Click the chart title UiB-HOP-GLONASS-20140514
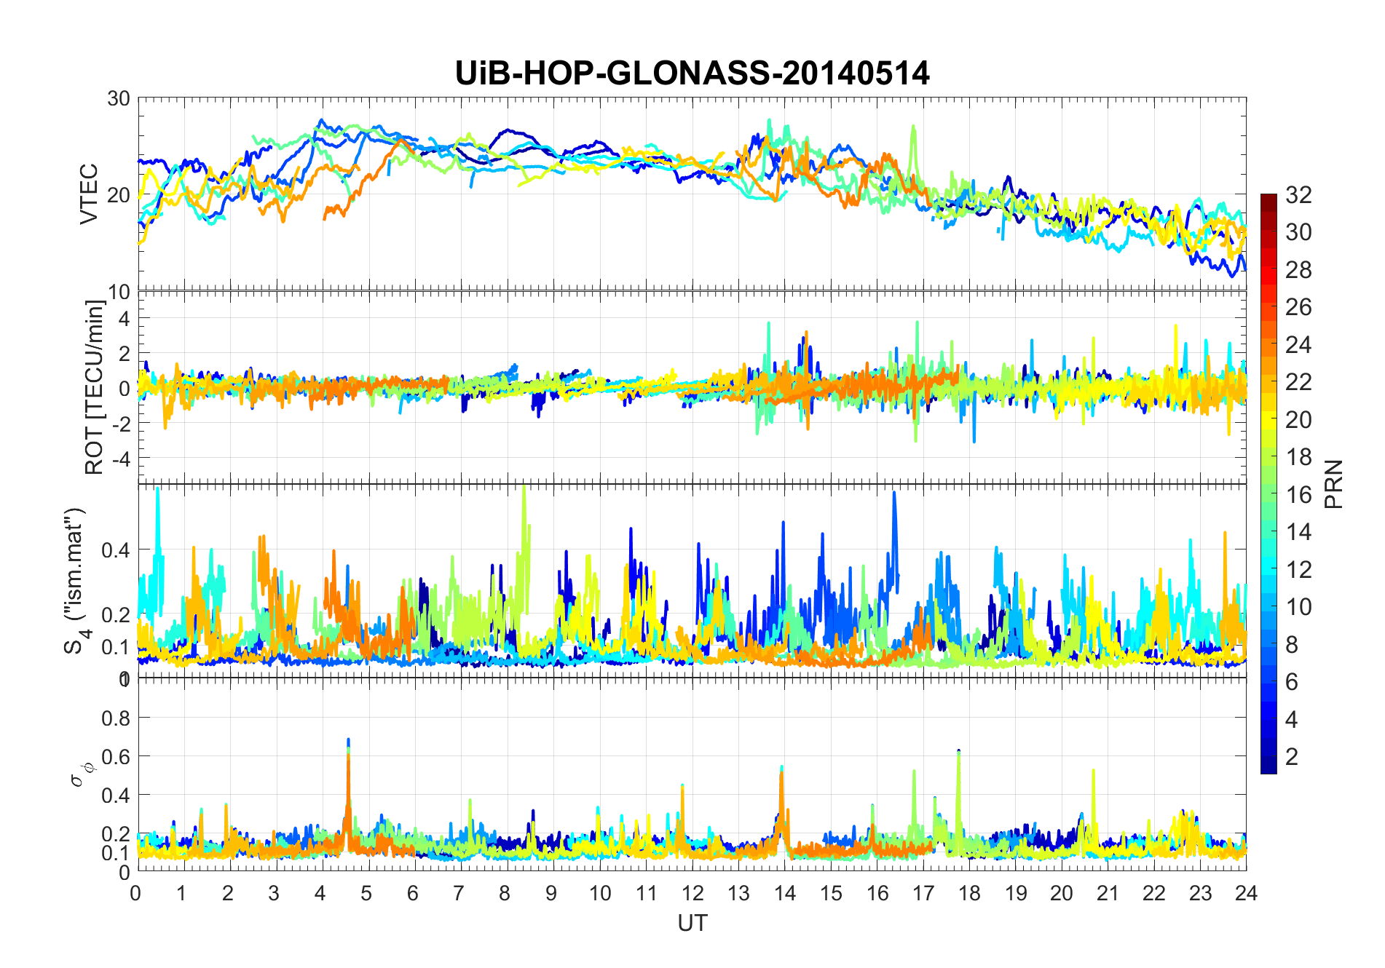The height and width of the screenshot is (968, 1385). point(692,74)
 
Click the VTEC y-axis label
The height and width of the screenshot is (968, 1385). point(88,194)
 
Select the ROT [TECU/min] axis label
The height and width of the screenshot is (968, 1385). point(94,387)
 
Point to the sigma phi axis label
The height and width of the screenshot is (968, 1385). point(77,774)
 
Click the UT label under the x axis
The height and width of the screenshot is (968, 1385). point(692,923)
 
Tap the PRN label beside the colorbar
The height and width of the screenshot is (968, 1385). point(1334,484)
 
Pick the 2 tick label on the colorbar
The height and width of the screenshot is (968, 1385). point(1292,757)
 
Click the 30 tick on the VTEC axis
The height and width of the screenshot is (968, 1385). point(119,98)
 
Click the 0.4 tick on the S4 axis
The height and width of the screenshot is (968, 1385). point(116,550)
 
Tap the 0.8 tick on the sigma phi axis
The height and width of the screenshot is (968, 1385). point(116,718)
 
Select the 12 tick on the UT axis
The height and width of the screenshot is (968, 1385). point(692,894)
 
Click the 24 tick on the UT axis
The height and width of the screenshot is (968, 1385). point(1246,894)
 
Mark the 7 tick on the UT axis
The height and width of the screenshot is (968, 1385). point(459,894)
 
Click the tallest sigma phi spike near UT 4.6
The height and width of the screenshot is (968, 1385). point(348,740)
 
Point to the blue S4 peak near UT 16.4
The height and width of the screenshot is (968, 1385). point(894,494)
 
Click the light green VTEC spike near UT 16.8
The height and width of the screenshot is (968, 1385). point(913,127)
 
